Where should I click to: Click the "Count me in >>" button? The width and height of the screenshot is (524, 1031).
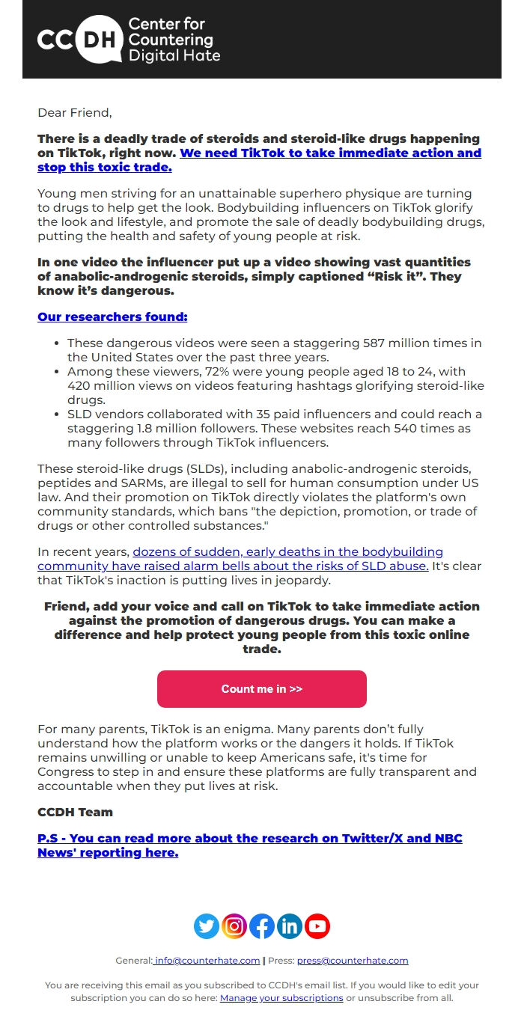point(261,689)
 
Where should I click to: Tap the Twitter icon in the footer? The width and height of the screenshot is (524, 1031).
point(207,926)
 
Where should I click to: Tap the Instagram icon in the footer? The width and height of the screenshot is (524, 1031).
point(234,926)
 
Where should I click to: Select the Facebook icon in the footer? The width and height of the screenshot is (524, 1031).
point(262,926)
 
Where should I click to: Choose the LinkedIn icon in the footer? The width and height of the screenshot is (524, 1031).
point(290,926)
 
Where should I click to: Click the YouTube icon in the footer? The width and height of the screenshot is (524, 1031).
point(317,926)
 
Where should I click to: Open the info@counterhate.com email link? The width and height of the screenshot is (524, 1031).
point(207,961)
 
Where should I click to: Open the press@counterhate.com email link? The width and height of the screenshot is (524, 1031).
point(352,961)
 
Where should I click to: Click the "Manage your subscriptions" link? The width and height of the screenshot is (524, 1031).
point(281,998)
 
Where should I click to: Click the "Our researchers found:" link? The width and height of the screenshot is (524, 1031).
point(112,316)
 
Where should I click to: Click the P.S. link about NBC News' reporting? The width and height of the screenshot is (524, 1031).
point(249,845)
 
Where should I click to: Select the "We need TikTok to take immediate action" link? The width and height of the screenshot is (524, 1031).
point(330,153)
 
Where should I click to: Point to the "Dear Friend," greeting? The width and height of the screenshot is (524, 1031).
point(74,113)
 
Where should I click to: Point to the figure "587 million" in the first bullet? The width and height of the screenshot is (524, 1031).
point(399,343)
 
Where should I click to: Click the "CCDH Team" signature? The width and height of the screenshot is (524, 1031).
point(75,812)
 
